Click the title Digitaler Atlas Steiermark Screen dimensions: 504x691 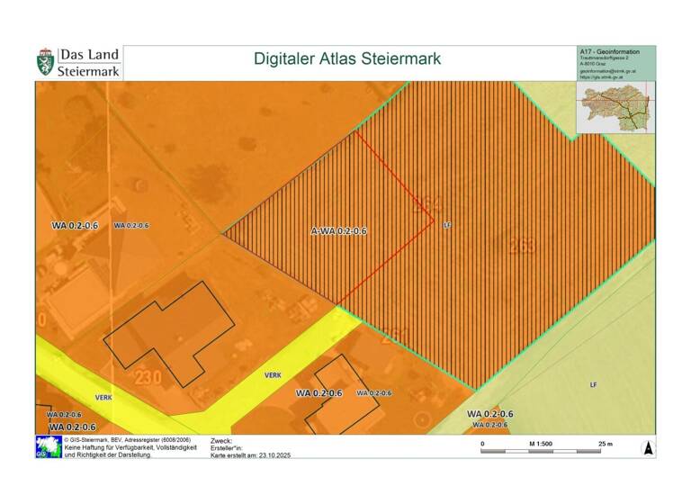click(x=347, y=59)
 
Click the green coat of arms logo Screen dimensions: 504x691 click(x=45, y=61)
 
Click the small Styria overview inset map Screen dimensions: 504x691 click(x=615, y=108)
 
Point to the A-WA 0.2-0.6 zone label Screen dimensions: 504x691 click(x=339, y=231)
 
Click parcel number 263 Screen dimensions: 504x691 click(x=523, y=247)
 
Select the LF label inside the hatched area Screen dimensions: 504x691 click(x=446, y=225)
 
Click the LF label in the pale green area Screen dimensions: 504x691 click(x=593, y=384)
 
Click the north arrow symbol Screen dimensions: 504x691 click(x=648, y=447)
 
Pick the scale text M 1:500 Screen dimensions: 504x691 click(x=540, y=444)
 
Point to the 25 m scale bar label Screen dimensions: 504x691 click(x=606, y=444)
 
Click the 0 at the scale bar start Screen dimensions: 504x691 click(x=483, y=444)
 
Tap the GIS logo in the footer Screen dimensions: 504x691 click(x=49, y=447)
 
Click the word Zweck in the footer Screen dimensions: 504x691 click(x=221, y=441)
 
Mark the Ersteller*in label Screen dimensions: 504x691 click(x=228, y=448)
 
